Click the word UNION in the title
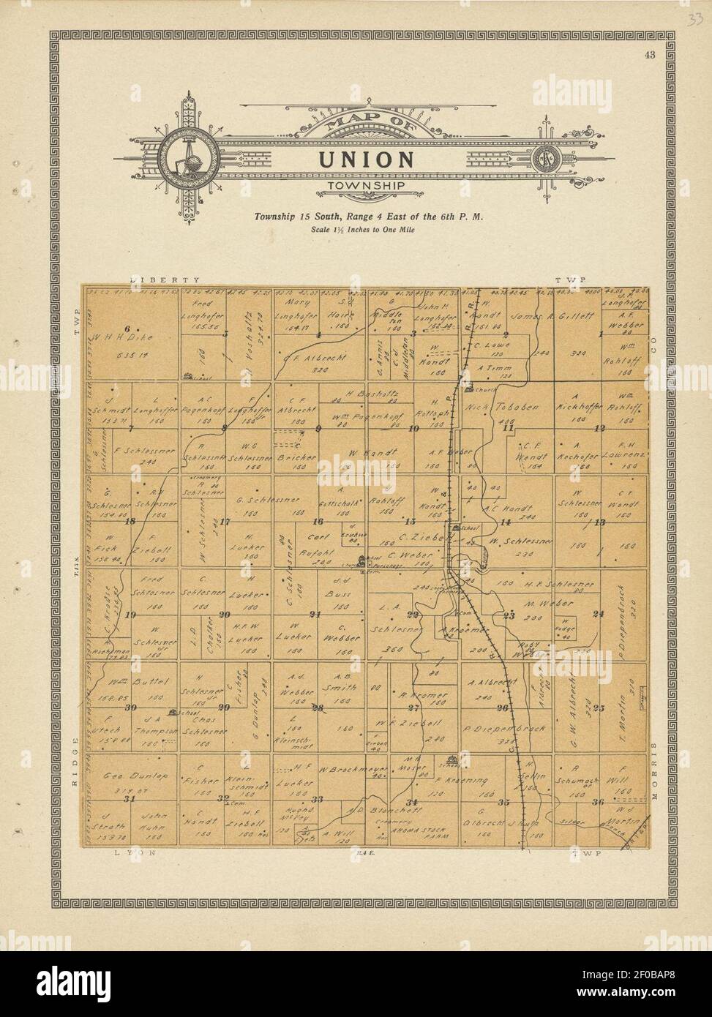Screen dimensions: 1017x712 tap(367, 160)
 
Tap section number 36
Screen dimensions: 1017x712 tap(598, 802)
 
